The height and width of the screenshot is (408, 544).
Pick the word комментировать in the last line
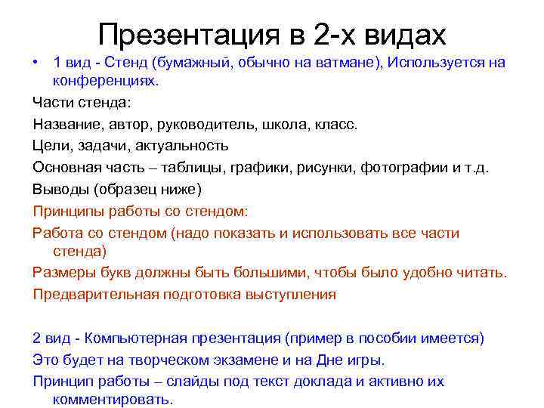click(112, 399)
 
